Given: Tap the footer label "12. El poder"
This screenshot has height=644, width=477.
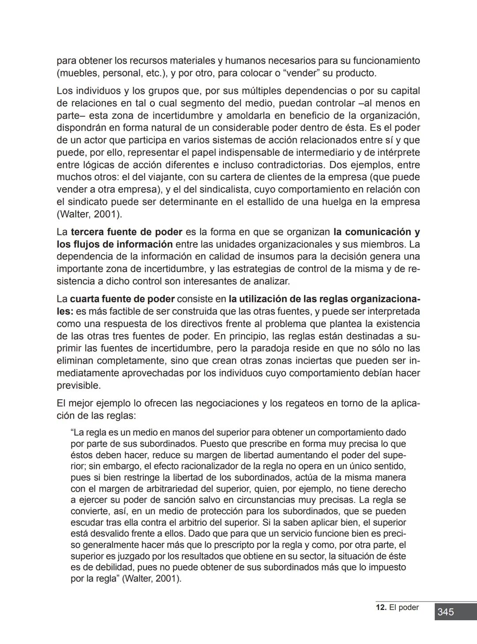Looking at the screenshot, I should pos(397,607).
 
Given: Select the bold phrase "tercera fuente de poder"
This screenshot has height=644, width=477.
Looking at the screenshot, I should pos(126,232).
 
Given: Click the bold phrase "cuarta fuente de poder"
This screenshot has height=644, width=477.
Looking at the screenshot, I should pos(122,299).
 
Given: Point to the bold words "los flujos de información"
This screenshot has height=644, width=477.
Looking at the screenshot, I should pos(114,244).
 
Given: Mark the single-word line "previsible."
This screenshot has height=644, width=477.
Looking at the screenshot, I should pos(79,385).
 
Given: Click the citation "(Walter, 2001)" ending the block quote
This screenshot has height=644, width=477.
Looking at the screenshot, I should pos(151,579).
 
